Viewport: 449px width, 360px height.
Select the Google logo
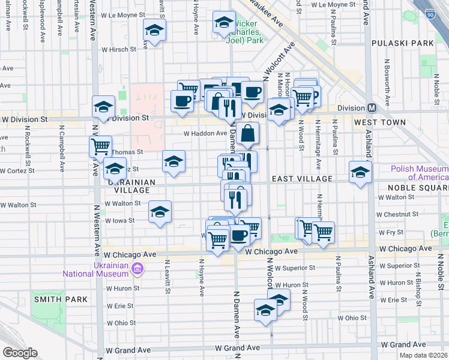pos(20,353)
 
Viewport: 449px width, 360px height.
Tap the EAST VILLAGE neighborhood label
pos(301,179)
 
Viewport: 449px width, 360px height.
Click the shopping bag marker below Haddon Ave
pos(247,134)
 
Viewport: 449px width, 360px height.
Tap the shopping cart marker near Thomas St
pos(100,146)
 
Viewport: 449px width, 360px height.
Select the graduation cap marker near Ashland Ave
pos(361,172)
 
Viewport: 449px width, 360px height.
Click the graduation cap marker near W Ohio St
pos(265,310)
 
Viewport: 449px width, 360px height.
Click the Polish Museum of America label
pos(419,173)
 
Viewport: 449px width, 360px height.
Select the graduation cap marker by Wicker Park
pos(224,23)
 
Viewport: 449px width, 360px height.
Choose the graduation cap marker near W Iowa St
pos(160,212)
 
